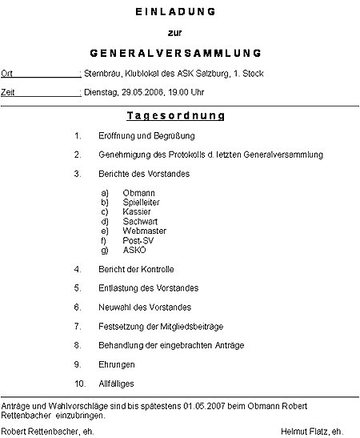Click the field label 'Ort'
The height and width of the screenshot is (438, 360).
click(x=6, y=74)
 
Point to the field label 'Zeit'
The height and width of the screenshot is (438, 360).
click(x=8, y=93)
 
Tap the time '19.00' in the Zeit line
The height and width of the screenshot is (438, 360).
click(x=181, y=93)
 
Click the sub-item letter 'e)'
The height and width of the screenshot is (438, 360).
click(x=105, y=231)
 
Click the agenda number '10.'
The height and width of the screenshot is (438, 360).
click(x=78, y=384)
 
